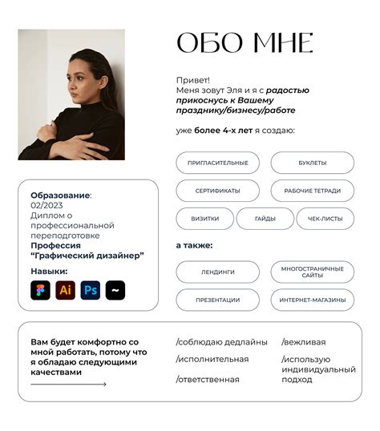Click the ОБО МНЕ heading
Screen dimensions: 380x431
point(244,43)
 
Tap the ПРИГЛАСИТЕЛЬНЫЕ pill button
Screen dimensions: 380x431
point(217,163)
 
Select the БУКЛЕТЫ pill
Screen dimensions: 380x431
point(312,163)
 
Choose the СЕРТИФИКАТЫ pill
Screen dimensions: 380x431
point(217,191)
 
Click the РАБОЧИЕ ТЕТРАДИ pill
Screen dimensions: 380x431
point(312,191)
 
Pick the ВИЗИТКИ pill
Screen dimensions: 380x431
point(204,218)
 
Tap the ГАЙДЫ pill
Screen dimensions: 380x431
point(265,218)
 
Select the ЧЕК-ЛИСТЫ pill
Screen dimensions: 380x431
point(325,218)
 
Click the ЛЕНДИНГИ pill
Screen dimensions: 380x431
point(217,272)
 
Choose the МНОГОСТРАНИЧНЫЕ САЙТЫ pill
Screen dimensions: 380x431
point(312,272)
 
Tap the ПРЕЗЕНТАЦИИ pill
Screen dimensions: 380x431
point(217,300)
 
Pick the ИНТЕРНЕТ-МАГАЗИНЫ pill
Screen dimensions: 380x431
point(312,300)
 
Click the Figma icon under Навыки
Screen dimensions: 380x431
point(40,290)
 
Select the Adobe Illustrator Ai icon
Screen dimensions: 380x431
point(66,290)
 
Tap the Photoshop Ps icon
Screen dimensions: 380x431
point(91,290)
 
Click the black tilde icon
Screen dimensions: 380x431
point(115,290)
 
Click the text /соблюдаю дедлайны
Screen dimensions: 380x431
point(221,342)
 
